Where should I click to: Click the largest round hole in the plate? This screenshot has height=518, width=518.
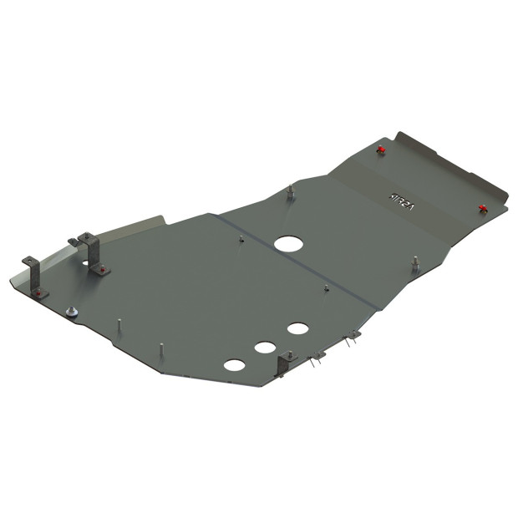(288, 244)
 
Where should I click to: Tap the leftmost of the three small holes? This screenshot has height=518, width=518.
(235, 365)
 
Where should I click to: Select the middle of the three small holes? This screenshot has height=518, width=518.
(266, 346)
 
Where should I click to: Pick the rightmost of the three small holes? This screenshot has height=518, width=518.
(297, 328)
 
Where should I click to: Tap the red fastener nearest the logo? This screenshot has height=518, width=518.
(380, 150)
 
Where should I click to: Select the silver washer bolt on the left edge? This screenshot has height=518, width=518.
(71, 312)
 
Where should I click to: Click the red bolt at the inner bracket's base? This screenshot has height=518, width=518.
(100, 269)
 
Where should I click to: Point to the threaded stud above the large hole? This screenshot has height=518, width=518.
(290, 192)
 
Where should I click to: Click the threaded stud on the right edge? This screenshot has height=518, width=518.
(415, 263)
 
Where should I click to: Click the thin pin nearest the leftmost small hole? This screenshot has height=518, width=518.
(160, 348)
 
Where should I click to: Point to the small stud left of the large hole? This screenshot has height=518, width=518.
(241, 239)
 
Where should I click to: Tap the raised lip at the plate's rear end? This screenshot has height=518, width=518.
(451, 159)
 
